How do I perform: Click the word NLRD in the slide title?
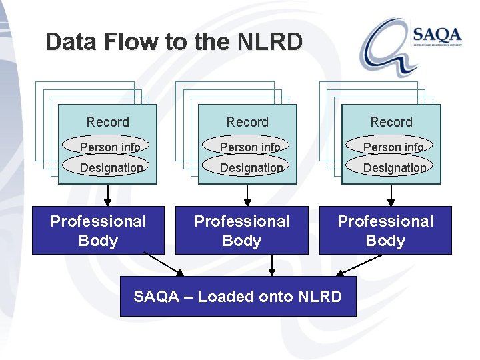coord(269,42)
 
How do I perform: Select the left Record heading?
coord(108,122)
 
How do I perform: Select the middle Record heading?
coord(247,122)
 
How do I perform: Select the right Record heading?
coord(391,122)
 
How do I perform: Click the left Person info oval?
coord(107,146)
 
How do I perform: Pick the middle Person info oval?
coord(247,146)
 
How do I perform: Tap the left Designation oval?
coord(107,167)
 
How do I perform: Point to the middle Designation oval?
coord(247,167)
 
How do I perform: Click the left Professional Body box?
coord(98,231)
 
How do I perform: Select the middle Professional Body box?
coord(241,231)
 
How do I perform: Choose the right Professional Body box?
coord(385,231)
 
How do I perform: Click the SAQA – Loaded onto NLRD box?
coord(238,297)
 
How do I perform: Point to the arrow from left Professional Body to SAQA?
coord(164,264)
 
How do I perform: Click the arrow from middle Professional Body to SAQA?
coord(271,265)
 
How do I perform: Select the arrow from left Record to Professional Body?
coord(108,194)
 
